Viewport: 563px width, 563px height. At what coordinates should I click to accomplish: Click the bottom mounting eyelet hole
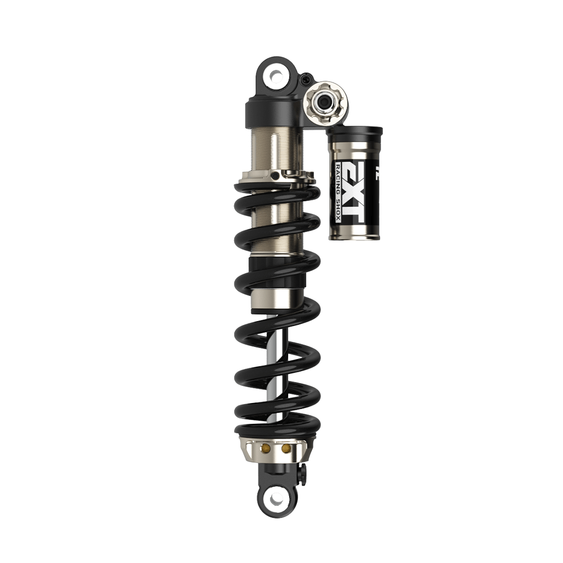[x=277, y=498]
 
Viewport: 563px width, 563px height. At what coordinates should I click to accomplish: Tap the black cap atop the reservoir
[x=355, y=132]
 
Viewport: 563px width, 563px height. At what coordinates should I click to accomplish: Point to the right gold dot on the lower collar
[x=286, y=449]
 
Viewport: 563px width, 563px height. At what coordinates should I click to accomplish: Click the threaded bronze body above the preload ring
[x=275, y=148]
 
